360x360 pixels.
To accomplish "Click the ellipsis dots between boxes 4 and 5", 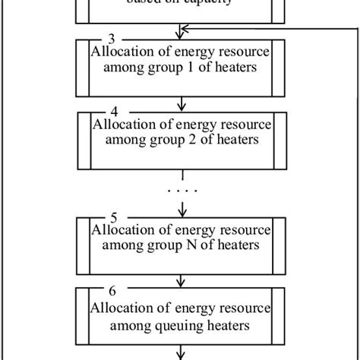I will pos(181,188).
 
